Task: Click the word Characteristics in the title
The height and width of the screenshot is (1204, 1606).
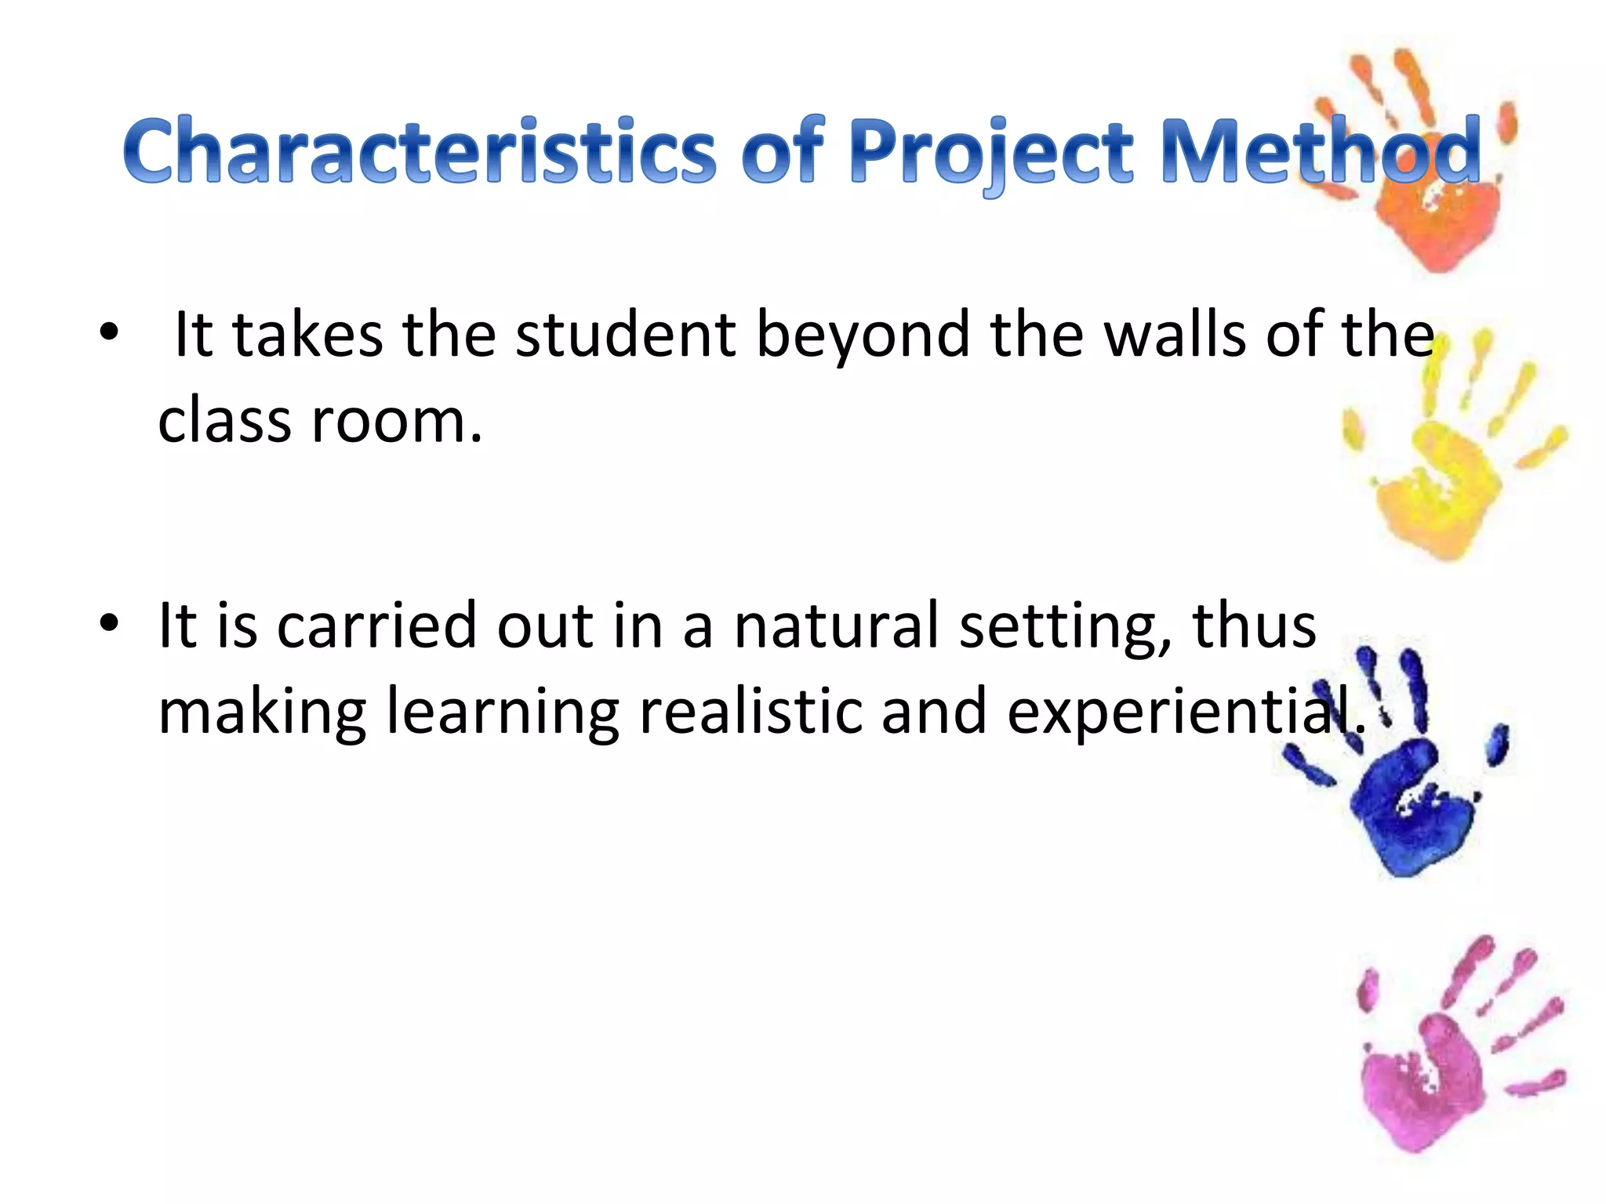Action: (420, 150)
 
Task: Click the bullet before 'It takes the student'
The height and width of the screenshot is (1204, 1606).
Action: (109, 332)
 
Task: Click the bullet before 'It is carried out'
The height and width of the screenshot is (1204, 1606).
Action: (109, 624)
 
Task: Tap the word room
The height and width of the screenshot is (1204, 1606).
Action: (396, 422)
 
